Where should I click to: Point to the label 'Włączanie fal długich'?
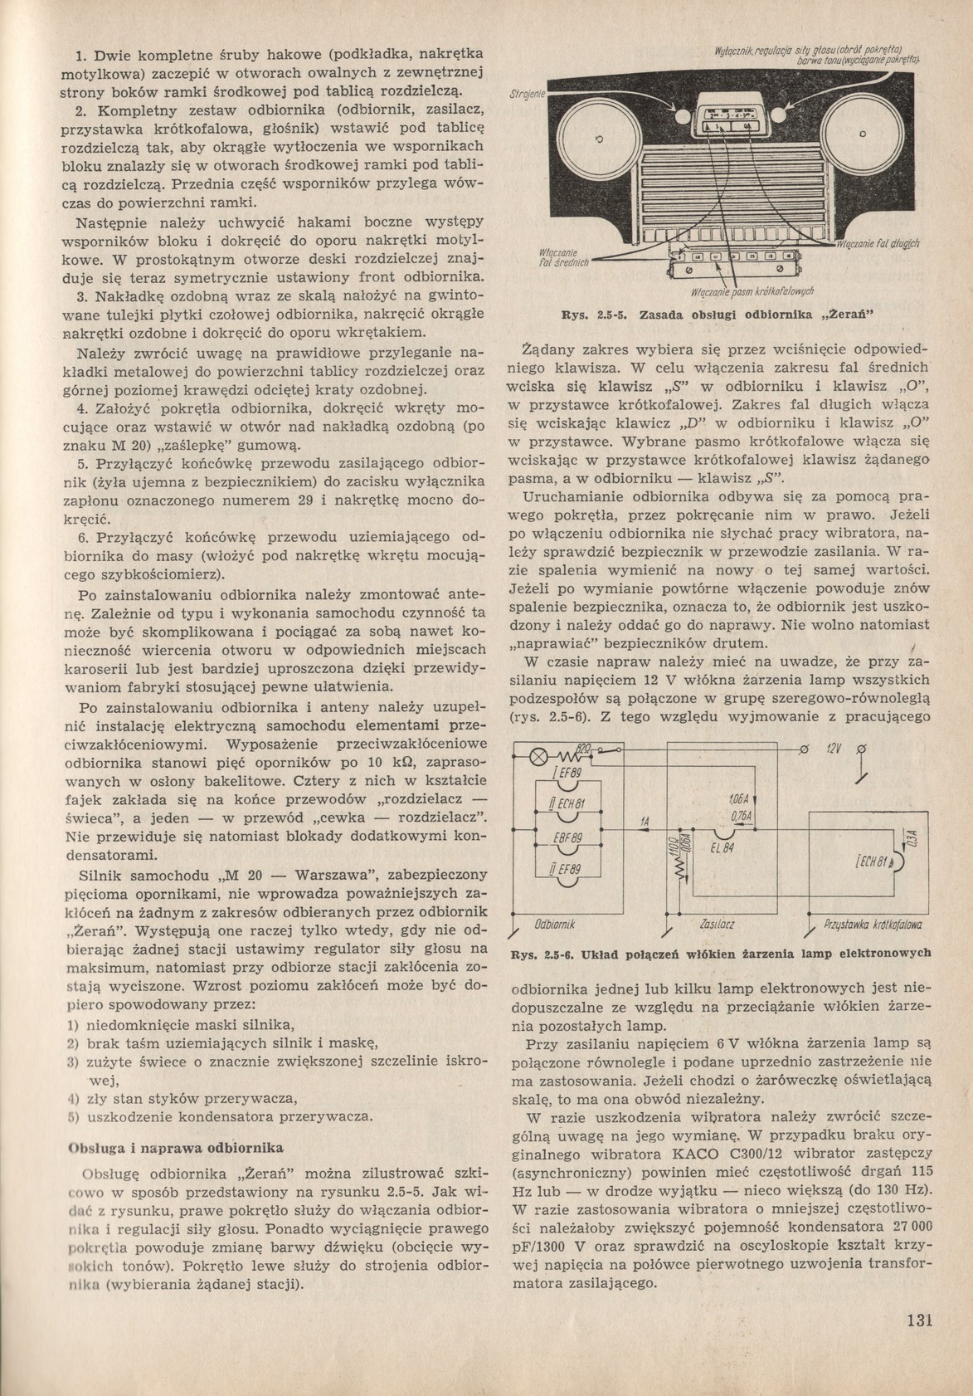point(883,243)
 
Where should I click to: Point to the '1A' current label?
point(644,822)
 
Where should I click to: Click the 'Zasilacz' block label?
point(718,924)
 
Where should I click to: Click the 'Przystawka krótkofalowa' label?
point(875,924)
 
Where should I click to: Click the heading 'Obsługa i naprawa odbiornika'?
point(175,1148)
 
